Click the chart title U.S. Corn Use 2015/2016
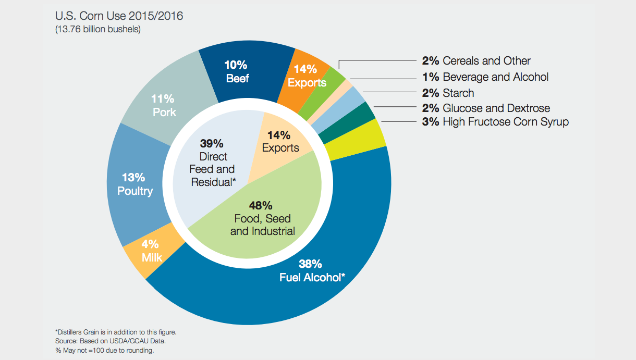(x=119, y=16)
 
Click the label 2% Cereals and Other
(x=476, y=61)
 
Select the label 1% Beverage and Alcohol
(x=485, y=77)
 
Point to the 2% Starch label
(x=448, y=93)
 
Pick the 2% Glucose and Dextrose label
(x=486, y=108)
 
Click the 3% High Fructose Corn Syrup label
(x=495, y=122)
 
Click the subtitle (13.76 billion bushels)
(x=97, y=30)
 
